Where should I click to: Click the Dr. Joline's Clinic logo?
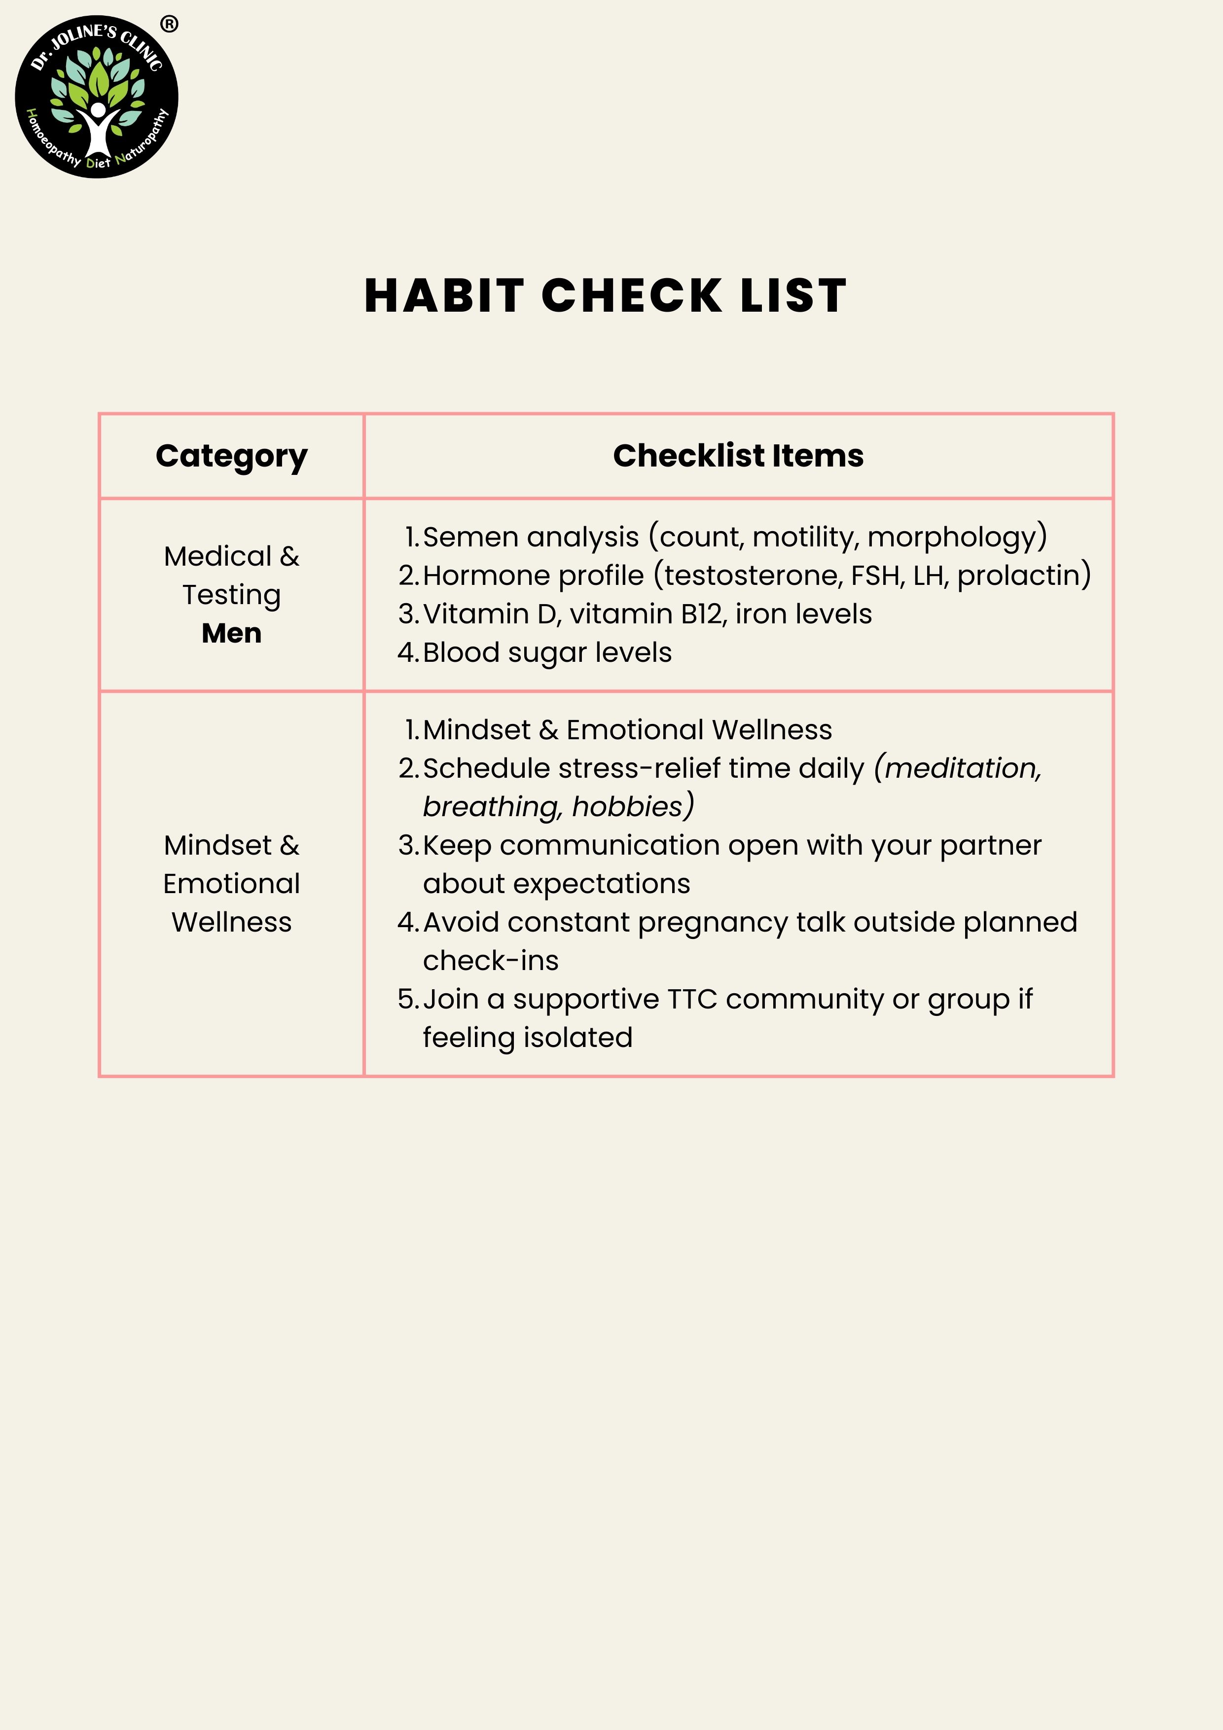click(x=97, y=97)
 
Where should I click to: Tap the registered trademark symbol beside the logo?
click(x=170, y=24)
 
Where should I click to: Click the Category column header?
click(x=231, y=456)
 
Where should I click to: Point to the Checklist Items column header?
click(x=738, y=456)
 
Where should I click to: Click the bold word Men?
click(x=231, y=633)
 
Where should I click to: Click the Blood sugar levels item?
click(x=547, y=652)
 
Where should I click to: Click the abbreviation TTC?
click(x=692, y=1000)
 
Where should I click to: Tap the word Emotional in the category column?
click(x=231, y=884)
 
